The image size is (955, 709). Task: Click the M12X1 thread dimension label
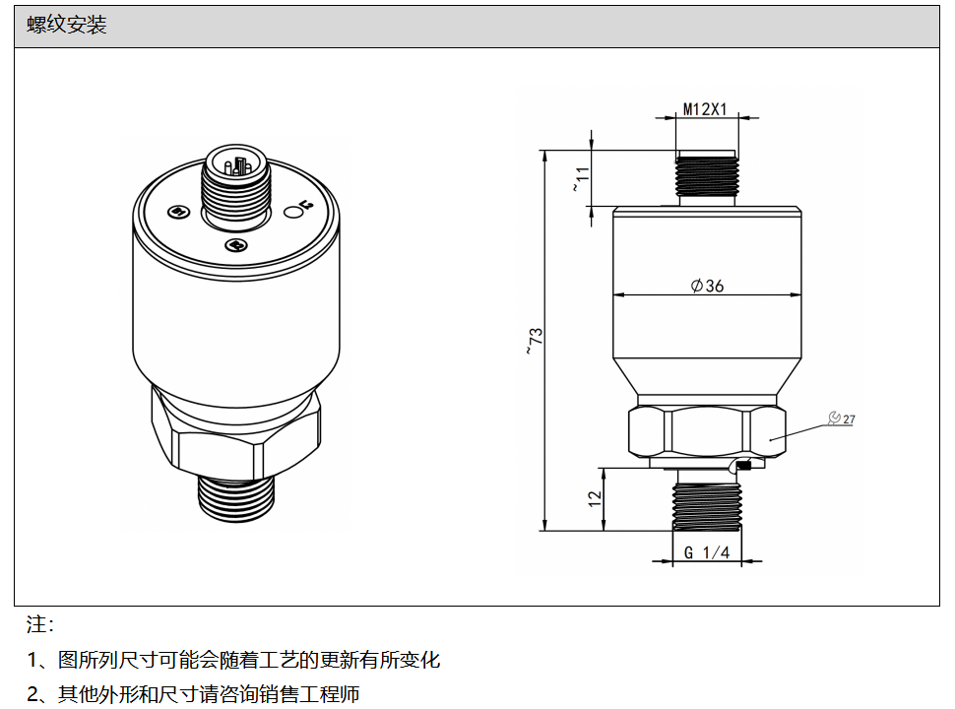(705, 109)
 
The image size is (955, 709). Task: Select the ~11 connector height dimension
(582, 178)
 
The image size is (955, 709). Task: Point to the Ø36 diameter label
(707, 285)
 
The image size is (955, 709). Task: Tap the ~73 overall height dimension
(535, 341)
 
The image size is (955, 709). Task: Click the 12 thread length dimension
(595, 498)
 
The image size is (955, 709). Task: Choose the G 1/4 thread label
(707, 552)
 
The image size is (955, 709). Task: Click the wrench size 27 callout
(842, 419)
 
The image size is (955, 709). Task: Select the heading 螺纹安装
(66, 25)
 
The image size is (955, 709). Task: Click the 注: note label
(40, 623)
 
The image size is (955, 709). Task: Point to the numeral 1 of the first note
(32, 660)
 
